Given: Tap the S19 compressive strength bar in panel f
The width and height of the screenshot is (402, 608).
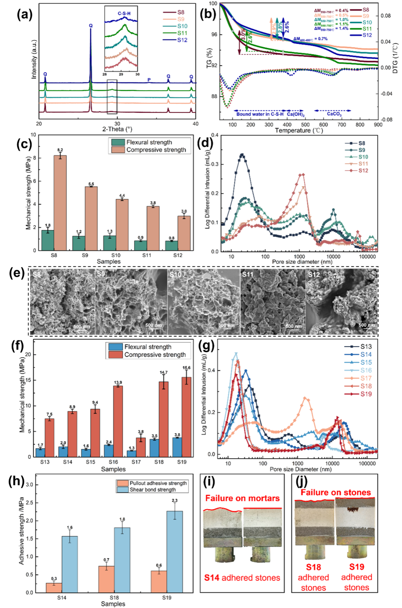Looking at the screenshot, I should tap(186, 417).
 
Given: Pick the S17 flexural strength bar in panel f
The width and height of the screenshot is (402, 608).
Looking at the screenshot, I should tap(132, 454).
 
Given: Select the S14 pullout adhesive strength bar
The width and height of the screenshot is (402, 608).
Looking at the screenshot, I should tap(54, 587).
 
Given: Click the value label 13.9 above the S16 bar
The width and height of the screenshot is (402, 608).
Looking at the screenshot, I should tap(118, 382).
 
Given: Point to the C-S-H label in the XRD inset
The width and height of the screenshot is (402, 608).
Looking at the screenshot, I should tap(124, 14).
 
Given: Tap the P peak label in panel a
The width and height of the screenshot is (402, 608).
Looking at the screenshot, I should tap(149, 80).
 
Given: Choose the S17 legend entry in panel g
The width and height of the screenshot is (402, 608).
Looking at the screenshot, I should tap(366, 378).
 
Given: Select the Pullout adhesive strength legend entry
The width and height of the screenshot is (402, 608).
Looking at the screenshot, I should tap(158, 483).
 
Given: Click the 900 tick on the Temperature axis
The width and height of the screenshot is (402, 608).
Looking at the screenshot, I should tap(378, 125).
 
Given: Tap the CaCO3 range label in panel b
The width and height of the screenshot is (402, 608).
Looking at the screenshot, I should tap(334, 114).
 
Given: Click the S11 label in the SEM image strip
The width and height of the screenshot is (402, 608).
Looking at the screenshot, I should tap(248, 274).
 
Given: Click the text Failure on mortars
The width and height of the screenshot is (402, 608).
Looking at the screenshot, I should tap(242, 498).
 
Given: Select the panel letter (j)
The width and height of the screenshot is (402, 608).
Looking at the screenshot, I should tap(302, 481).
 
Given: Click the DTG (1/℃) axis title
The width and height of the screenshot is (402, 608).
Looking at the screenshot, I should tap(395, 58).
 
